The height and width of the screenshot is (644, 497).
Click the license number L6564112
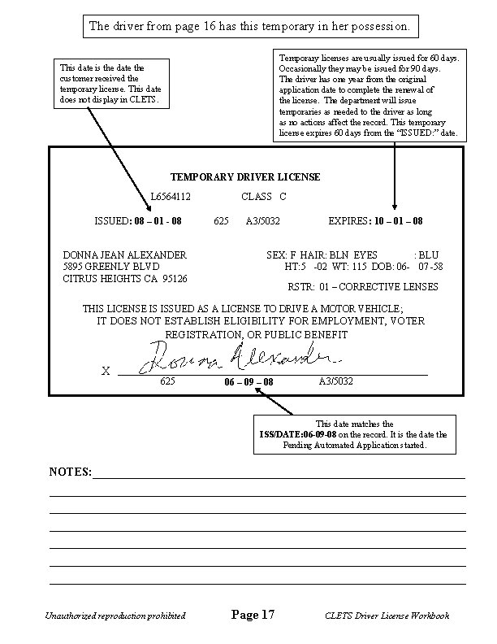click(171, 197)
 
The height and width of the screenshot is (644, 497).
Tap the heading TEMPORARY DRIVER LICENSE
click(245, 176)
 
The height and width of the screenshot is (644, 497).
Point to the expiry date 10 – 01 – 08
click(397, 220)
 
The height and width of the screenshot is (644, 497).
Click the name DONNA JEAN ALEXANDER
click(125, 255)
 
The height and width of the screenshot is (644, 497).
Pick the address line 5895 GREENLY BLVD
click(111, 267)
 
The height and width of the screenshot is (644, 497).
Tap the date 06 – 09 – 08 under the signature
click(248, 381)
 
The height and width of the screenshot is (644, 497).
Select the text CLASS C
click(264, 197)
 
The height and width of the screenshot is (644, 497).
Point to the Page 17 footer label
click(253, 615)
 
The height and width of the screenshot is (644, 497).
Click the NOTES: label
click(71, 472)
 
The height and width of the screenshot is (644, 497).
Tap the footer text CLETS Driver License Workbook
click(386, 616)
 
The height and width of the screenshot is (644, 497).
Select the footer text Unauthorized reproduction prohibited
click(117, 616)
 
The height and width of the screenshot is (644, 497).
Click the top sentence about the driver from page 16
click(249, 26)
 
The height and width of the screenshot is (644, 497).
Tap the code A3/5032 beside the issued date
click(263, 220)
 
